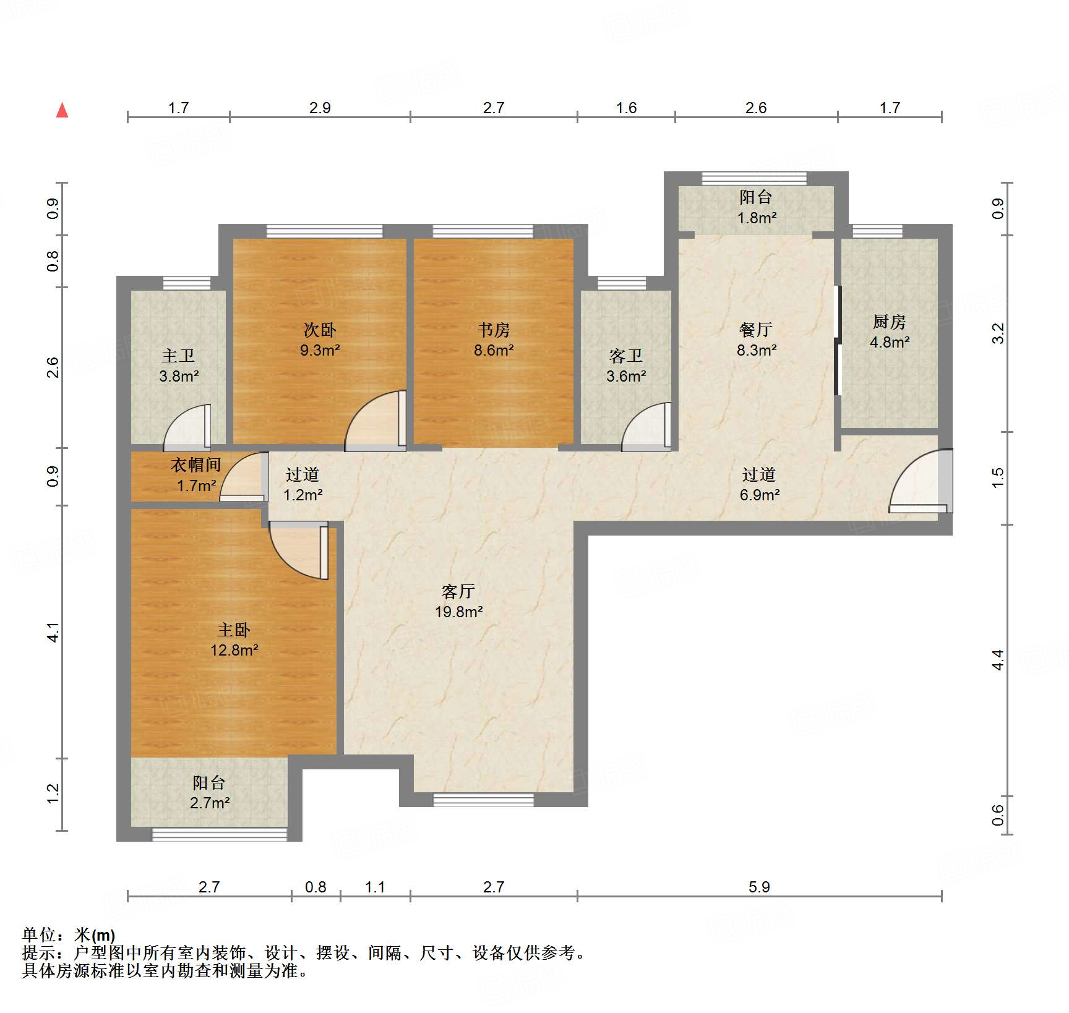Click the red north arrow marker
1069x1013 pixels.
[62, 110]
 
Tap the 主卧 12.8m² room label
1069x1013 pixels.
[234, 640]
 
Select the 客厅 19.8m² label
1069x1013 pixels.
[458, 601]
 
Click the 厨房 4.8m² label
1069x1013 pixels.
[890, 331]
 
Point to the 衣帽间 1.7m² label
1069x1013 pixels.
[196, 475]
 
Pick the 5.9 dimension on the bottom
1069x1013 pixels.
[759, 887]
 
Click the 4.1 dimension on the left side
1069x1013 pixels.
[53, 632]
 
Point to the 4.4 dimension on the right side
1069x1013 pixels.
[998, 660]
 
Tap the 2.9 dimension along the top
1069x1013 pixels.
[320, 108]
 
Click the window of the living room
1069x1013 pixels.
[483, 800]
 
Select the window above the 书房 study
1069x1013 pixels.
[483, 231]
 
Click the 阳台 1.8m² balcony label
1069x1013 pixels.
[756, 207]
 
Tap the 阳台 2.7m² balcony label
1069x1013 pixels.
[210, 792]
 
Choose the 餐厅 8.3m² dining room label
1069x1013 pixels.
[756, 340]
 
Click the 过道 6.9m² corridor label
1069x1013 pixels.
[759, 484]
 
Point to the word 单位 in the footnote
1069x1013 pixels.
[38, 935]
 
